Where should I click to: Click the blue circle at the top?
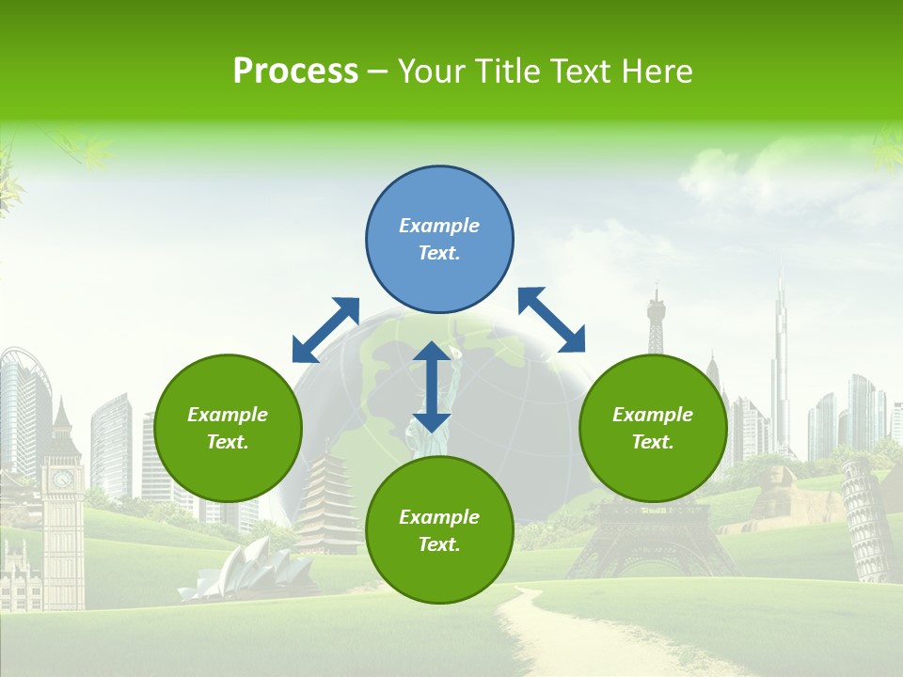click(x=439, y=240)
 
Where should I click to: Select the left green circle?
click(x=228, y=428)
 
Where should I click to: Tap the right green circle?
click(x=653, y=428)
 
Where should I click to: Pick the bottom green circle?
click(x=439, y=530)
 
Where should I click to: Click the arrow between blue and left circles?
click(x=325, y=330)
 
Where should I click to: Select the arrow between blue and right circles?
click(x=552, y=320)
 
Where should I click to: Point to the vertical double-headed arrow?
click(x=432, y=386)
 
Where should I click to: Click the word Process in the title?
click(x=295, y=71)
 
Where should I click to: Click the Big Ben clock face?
click(x=63, y=480)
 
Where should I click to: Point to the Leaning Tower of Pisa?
click(x=866, y=517)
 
